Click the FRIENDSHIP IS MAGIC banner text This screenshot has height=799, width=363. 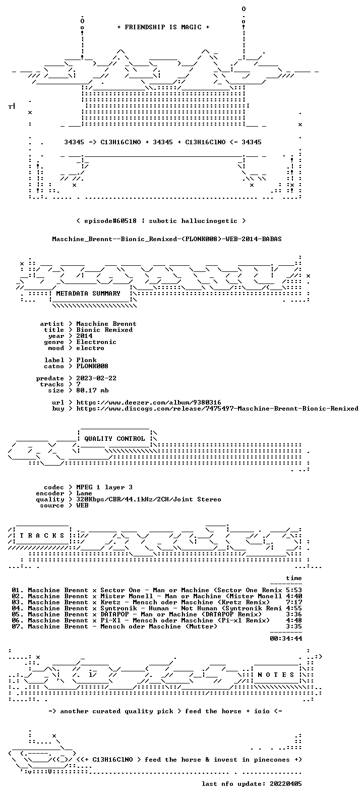(163, 27)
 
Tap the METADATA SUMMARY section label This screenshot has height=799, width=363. (88, 294)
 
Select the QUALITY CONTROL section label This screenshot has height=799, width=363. (114, 439)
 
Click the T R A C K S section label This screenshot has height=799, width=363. (42, 535)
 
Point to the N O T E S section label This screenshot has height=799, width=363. (276, 674)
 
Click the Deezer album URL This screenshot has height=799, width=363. (149, 403)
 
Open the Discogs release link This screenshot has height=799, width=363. (217, 409)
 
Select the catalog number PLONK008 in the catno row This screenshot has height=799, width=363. (92, 366)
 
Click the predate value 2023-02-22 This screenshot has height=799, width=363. (96, 378)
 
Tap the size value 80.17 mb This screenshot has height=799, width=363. (92, 390)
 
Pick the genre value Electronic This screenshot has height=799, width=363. (96, 342)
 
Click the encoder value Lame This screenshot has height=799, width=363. (84, 493)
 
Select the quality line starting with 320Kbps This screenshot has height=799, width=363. (149, 499)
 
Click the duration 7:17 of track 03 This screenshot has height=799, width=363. (294, 602)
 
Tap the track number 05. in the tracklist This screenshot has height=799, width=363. (18, 614)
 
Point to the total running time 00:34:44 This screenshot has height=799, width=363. (286, 639)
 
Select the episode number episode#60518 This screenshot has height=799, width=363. (110, 221)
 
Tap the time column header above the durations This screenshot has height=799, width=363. (294, 578)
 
